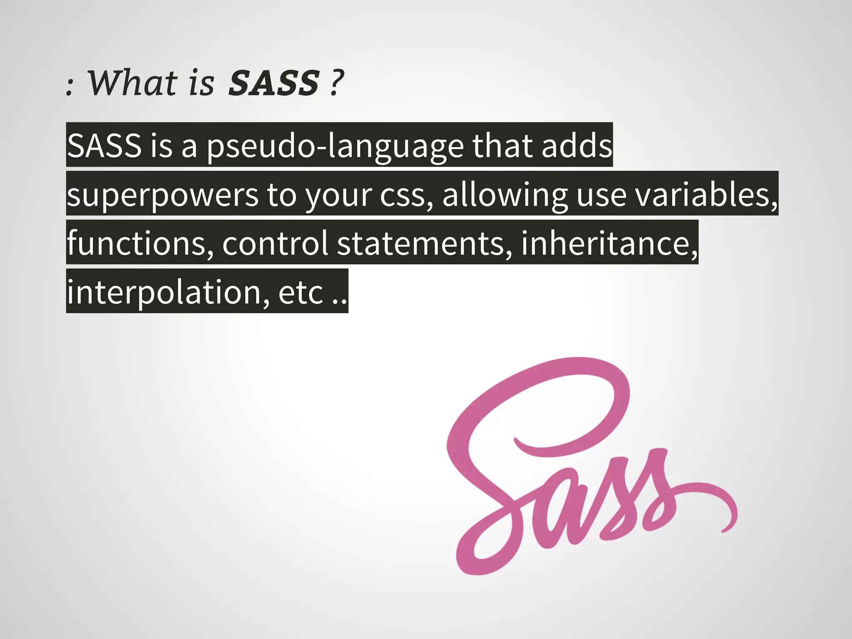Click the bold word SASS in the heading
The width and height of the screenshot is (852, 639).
274,83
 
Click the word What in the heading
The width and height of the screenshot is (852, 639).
132,83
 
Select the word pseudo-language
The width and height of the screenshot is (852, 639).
335,146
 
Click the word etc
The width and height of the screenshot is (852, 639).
300,292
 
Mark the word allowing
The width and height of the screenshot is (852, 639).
505,195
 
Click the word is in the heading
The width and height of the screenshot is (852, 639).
201,83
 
